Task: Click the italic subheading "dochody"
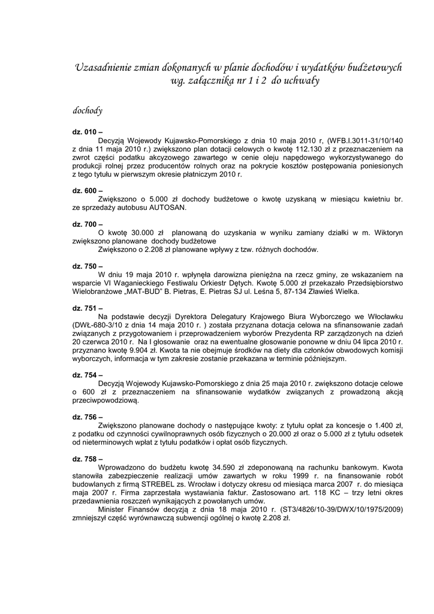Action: (x=88, y=110)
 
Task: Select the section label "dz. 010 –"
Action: (x=88, y=132)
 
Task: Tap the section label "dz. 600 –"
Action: (x=88, y=190)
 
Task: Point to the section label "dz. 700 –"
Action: (x=88, y=224)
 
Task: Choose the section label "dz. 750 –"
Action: (x=88, y=266)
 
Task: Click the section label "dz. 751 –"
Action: (x=88, y=308)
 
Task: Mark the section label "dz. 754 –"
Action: (x=88, y=375)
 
